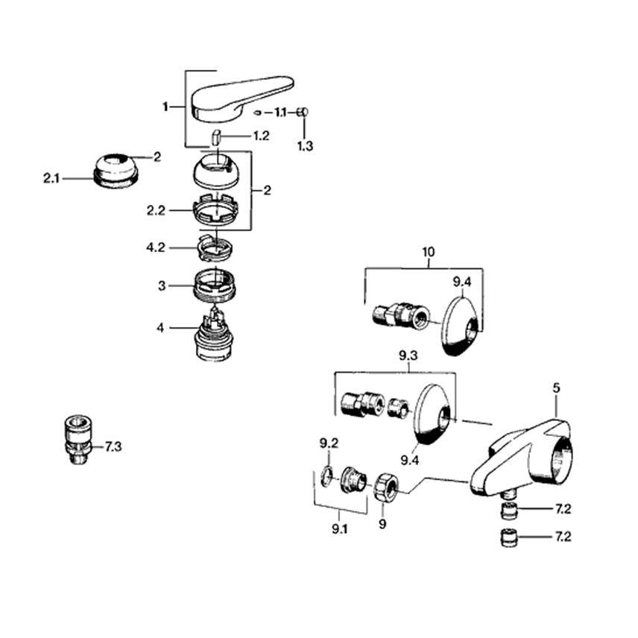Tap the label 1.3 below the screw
tap(305, 146)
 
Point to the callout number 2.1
tap(52, 178)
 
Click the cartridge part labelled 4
tap(215, 338)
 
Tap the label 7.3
tap(113, 447)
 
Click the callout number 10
tap(428, 252)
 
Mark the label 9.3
tap(408, 358)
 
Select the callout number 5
tap(556, 388)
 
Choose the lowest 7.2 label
tap(563, 537)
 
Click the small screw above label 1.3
tap(303, 113)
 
